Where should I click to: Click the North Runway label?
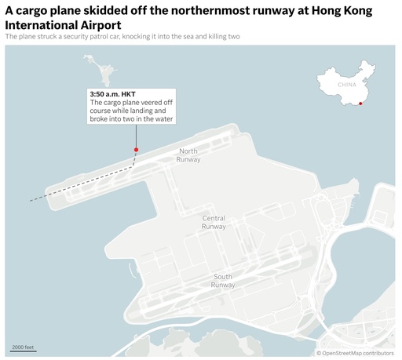pyautogui.click(x=189, y=155)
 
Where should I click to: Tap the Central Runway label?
pyautogui.click(x=214, y=222)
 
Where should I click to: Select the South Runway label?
pyautogui.click(x=223, y=280)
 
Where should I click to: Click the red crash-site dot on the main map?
pyautogui.click(x=136, y=149)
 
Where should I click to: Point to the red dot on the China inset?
pyautogui.click(x=360, y=103)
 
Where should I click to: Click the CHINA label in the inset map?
pyautogui.click(x=347, y=84)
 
